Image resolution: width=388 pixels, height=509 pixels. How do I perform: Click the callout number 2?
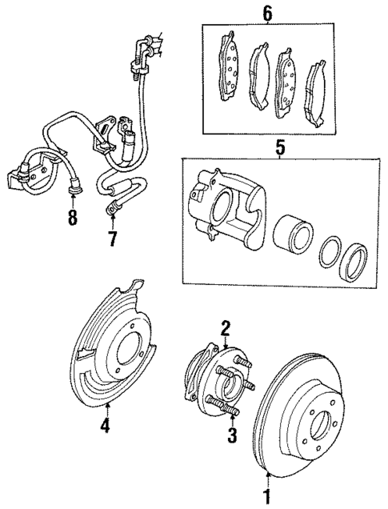226,326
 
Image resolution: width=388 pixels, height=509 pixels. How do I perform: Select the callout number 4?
105,426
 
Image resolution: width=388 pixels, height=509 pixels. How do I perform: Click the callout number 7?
110,239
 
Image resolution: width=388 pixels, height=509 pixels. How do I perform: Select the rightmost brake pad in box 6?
315,87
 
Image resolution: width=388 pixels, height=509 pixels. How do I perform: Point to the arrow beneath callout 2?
226,342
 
